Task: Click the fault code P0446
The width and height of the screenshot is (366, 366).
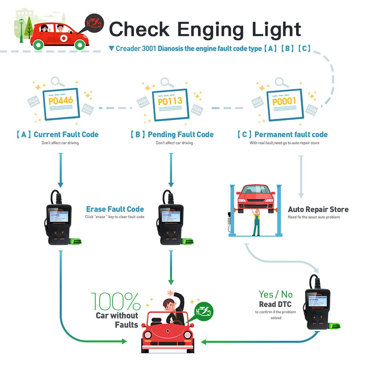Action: pos(61,100)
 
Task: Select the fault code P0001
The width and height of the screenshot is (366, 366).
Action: pos(284,101)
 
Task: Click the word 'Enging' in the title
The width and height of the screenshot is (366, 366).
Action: pos(206,29)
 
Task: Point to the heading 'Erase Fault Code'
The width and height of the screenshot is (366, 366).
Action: pos(115,209)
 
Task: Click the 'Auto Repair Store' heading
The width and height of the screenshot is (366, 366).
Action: pos(318,210)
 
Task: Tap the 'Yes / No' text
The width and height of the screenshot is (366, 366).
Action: pos(276,294)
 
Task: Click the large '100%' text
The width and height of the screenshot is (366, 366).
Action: pos(115,302)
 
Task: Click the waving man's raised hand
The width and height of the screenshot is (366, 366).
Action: pos(170,293)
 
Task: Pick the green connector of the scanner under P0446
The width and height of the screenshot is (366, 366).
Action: pos(76,241)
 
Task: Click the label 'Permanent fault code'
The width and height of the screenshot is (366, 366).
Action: pos(291,135)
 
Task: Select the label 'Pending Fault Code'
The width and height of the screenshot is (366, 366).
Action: pos(180,135)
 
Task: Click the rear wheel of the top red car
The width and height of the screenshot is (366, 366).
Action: pos(38,45)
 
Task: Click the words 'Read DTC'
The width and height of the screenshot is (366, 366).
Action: pos(276,305)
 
